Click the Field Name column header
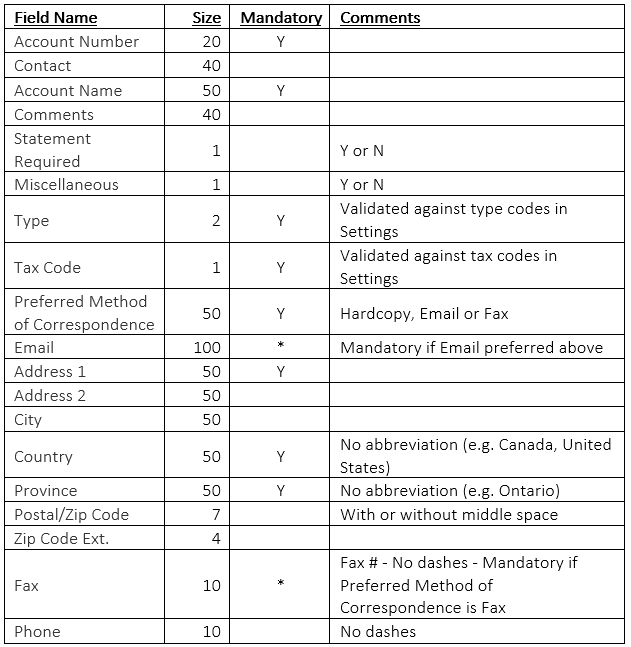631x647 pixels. pyautogui.click(x=56, y=18)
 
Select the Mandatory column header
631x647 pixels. pyautogui.click(x=281, y=18)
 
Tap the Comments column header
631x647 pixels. pyautogui.click(x=380, y=18)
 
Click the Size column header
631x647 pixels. pyautogui.click(x=206, y=18)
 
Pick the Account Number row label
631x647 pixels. pyautogui.click(x=77, y=42)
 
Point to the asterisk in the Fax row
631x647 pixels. pyautogui.click(x=281, y=585)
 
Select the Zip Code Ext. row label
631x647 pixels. pyautogui.click(x=62, y=539)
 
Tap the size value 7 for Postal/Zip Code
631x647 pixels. pyautogui.click(x=216, y=515)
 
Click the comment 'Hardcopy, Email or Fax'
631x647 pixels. pyautogui.click(x=424, y=313)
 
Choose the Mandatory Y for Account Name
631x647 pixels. pyautogui.click(x=281, y=90)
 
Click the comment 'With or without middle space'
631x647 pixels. pyautogui.click(x=449, y=515)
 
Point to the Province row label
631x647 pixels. pyautogui.click(x=46, y=491)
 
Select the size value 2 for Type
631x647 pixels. pyautogui.click(x=216, y=220)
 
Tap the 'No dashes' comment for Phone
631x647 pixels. pyautogui.click(x=378, y=632)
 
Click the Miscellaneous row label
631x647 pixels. pyautogui.click(x=66, y=185)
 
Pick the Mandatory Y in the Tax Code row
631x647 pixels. pyautogui.click(x=281, y=267)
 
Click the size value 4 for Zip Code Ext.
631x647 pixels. pyautogui.click(x=216, y=539)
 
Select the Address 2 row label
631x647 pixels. pyautogui.click(x=50, y=396)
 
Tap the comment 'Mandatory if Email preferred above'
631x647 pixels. pyautogui.click(x=472, y=348)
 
